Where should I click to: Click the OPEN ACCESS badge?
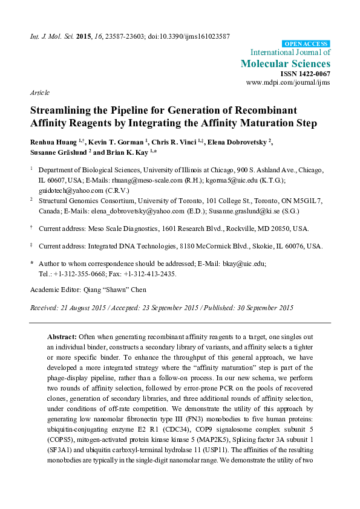pos(306,44)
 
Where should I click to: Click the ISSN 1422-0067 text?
pos(306,73)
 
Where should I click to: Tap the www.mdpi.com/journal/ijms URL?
pos(288,82)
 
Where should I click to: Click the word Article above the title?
pos(39,93)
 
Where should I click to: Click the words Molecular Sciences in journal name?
pos(286,63)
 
